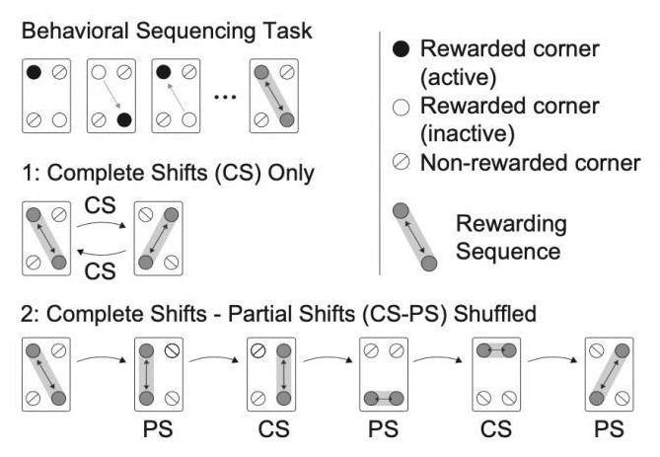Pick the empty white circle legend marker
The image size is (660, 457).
pos(402,106)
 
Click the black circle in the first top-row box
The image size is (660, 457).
pos(33,71)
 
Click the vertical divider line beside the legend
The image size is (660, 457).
pos(380,148)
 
